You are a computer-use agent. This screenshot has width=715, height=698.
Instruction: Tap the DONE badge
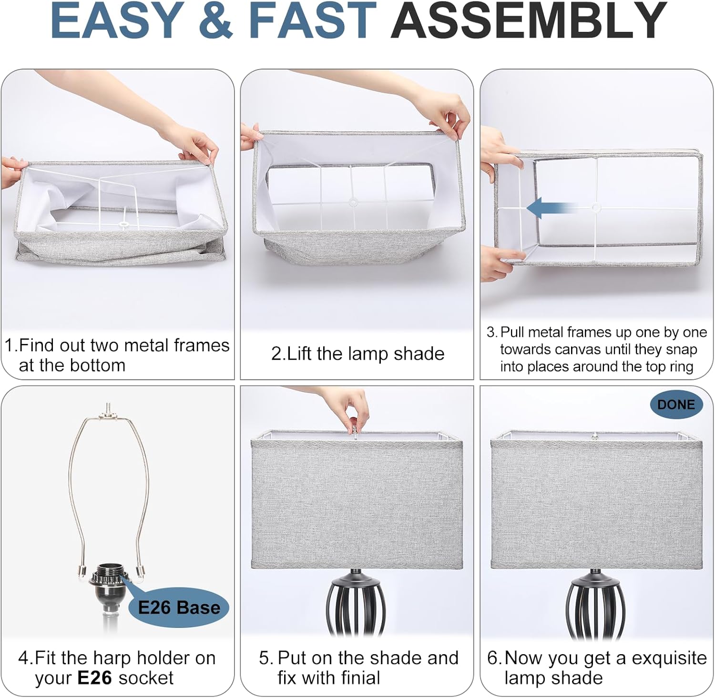point(676,405)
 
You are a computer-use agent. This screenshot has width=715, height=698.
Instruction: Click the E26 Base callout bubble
point(178,607)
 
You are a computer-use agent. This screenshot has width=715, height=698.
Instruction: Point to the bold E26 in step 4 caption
point(95,678)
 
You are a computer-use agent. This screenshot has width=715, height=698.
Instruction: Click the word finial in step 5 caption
point(353,678)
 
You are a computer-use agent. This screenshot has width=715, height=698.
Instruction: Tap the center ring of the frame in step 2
point(353,202)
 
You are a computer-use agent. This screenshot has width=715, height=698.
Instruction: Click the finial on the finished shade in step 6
point(594,435)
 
